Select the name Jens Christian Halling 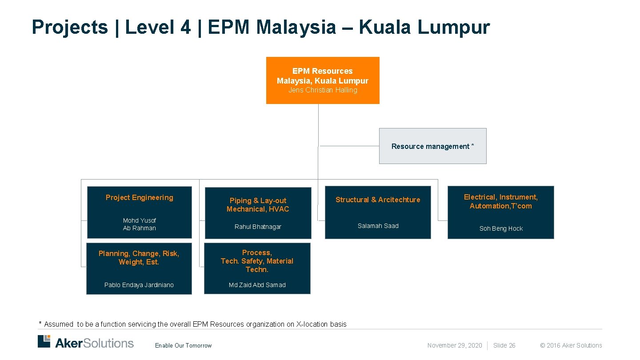323,90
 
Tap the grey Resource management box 432,146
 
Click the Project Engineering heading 140,198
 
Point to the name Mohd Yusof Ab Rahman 140,224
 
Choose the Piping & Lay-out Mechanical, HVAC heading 258,205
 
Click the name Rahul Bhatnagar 258,227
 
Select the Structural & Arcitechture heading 378,200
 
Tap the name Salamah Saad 378,226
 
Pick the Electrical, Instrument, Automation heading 501,201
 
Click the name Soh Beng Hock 501,229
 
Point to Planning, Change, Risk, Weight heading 139,258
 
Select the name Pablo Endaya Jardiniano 139,285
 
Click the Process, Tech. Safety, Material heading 257,261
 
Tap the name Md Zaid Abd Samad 257,285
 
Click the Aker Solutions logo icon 44,341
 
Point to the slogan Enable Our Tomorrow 184,346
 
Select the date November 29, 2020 455,345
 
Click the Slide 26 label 504,345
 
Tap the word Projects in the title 70,27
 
